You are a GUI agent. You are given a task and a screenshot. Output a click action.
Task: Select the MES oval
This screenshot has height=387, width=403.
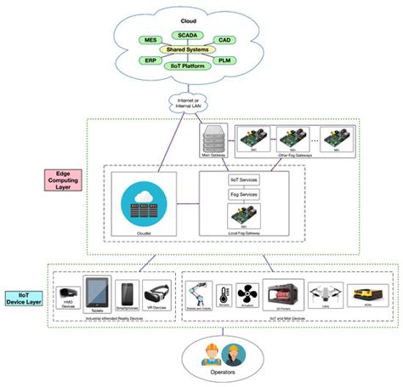point(151,40)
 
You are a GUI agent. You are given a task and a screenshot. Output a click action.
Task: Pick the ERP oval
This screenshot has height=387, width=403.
point(150,61)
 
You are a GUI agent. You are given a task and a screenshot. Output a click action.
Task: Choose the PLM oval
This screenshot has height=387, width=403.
point(224,61)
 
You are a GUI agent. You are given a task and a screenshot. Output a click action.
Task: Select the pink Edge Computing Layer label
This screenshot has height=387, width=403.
point(64,179)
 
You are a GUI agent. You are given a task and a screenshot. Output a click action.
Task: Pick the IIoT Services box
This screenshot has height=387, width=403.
point(245,179)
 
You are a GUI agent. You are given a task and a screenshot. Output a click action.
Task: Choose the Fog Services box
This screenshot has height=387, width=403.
point(245,195)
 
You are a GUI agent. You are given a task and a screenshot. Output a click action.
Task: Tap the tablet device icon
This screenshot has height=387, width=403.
point(96,294)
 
